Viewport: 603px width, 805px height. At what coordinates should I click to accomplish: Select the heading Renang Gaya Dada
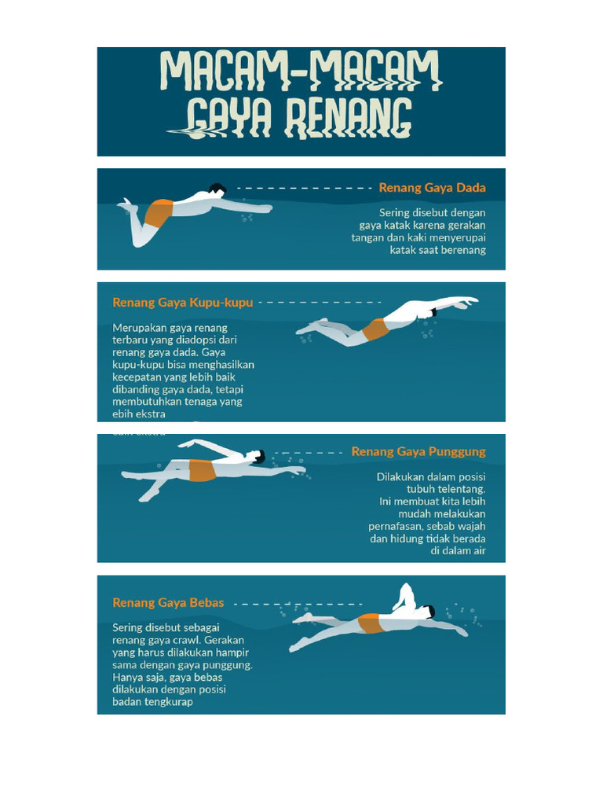432,188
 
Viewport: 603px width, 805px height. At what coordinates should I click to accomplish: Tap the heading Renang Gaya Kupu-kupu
183,302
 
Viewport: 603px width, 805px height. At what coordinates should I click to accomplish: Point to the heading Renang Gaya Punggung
418,452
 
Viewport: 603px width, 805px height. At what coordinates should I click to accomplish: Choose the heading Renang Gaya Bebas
168,603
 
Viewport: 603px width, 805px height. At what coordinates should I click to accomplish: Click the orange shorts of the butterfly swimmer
375,329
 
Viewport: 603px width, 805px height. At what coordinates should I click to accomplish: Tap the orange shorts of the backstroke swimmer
202,470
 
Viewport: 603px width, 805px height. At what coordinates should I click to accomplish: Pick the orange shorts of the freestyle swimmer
370,623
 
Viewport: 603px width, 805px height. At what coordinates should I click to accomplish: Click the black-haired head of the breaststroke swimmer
217,190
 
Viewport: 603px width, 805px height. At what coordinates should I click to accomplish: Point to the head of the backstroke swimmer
257,457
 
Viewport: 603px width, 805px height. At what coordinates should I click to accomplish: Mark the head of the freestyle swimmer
426,612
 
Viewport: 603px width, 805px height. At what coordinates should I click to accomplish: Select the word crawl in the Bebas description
185,640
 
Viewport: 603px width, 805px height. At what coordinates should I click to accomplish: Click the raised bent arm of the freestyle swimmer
405,597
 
